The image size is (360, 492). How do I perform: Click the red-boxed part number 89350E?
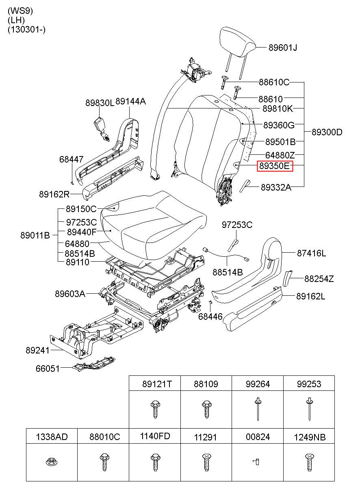(275, 166)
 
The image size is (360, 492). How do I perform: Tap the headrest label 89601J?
(283, 48)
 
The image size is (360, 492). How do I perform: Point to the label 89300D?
(327, 132)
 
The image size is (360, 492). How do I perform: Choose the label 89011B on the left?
(35, 235)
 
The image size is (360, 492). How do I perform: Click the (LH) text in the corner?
(16, 20)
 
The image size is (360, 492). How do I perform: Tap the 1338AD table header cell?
(52, 437)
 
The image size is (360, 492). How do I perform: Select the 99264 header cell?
(258, 384)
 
